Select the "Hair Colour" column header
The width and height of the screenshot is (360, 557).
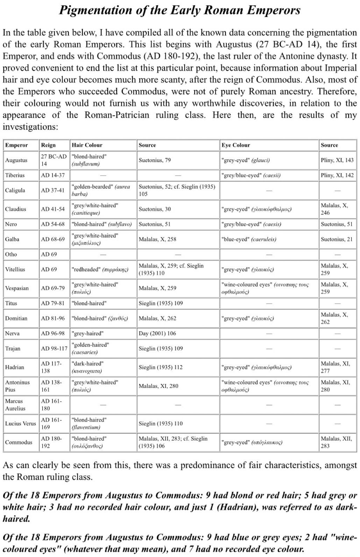(87, 145)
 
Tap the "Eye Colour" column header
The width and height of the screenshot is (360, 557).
(235, 145)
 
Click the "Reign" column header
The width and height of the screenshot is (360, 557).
(48, 145)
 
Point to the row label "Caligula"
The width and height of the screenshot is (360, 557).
(15, 190)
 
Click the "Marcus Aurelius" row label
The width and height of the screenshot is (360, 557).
(15, 405)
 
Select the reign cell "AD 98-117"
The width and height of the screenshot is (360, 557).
(54, 348)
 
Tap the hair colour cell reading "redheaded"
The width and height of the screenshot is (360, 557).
(100, 269)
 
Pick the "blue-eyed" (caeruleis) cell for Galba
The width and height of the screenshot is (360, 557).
(249, 239)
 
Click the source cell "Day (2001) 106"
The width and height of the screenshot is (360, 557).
(157, 333)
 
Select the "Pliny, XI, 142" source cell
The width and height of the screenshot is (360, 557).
(337, 175)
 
